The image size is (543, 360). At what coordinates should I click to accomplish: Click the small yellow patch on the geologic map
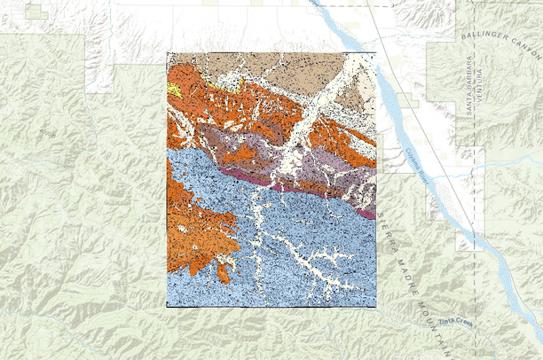point(174,90)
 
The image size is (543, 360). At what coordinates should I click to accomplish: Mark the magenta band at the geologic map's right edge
point(367,212)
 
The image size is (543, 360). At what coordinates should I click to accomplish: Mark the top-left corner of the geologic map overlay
point(167,53)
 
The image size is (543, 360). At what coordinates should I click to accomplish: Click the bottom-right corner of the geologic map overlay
point(375,306)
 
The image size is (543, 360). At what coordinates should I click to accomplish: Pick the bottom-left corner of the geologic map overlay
point(167,306)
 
